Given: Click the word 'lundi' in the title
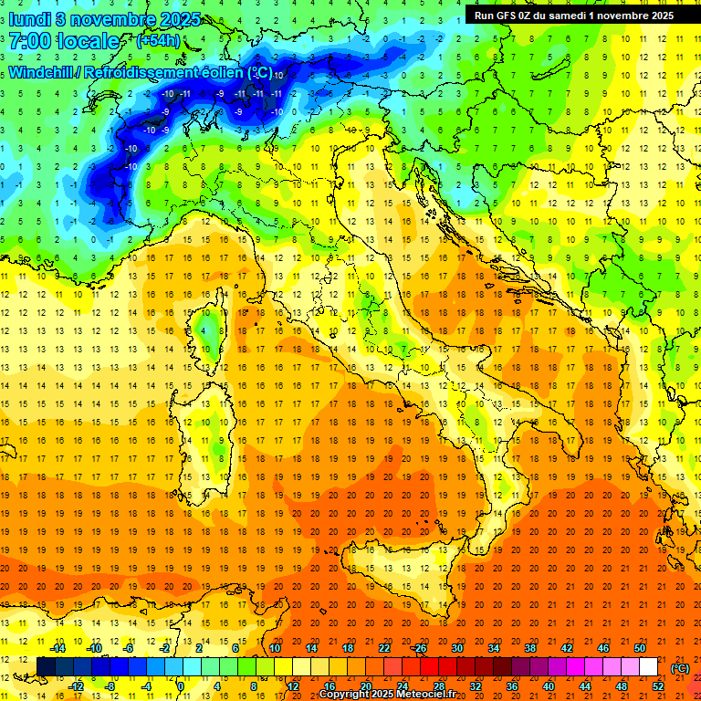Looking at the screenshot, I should [29, 18].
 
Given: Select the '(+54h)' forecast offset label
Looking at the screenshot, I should [158, 41].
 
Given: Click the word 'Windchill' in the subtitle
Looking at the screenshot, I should [42, 72].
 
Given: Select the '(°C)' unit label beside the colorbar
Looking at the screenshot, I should [680, 668].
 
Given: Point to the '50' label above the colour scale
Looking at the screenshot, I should [640, 648].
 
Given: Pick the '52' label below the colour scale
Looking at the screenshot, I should [658, 686].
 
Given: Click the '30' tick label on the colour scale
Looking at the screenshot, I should [456, 648].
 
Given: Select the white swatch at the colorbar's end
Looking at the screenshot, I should [648, 667].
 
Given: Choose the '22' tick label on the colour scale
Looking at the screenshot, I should [383, 648].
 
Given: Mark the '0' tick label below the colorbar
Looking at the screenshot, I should [182, 686].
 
